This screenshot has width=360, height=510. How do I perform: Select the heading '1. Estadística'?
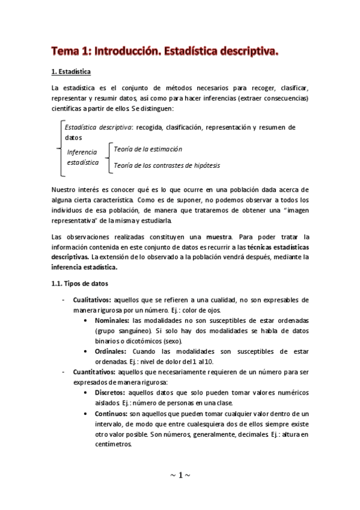[x=71, y=73]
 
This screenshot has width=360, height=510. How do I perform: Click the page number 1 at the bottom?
[x=180, y=476]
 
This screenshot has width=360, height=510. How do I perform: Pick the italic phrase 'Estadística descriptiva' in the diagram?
[x=99, y=127]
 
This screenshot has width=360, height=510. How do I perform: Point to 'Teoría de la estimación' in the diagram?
[x=148, y=149]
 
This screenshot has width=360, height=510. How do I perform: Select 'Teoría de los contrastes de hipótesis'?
[x=166, y=165]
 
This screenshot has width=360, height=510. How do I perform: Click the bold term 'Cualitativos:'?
[x=92, y=300]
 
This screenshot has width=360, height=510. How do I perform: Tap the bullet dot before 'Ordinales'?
[x=89, y=351]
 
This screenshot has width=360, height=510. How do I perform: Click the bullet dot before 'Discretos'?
[x=89, y=393]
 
